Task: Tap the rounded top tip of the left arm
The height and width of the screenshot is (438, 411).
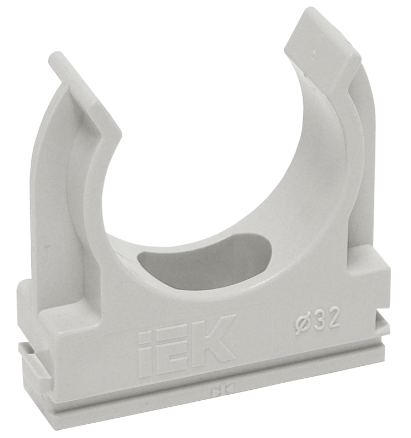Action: pos(55,56)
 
